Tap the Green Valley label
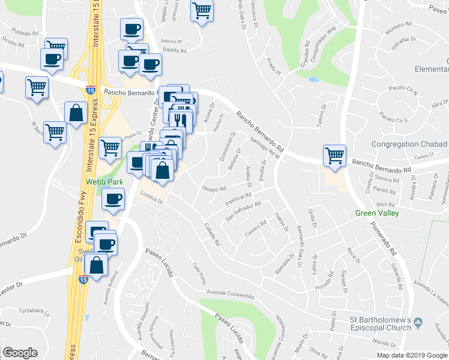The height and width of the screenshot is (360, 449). pyautogui.click(x=376, y=213)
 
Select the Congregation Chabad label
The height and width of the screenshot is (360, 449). pyautogui.click(x=409, y=145)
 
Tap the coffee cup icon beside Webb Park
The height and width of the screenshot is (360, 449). pyautogui.click(x=113, y=200)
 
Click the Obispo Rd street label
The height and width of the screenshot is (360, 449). pyautogui.click(x=214, y=188)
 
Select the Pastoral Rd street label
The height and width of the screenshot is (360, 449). pyautogui.click(x=238, y=197)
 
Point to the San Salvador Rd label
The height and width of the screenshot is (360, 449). pyautogui.click(x=243, y=211)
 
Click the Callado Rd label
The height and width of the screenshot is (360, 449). pyautogui.click(x=211, y=236)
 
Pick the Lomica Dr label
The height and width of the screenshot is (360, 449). pyautogui.click(x=152, y=200)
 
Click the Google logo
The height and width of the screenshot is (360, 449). pyautogui.click(x=20, y=353)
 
